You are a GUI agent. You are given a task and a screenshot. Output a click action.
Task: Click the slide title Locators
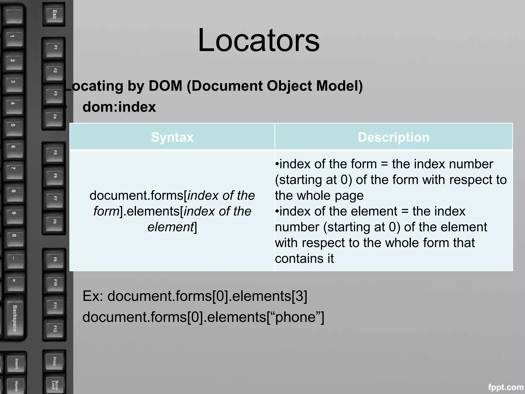[258, 41]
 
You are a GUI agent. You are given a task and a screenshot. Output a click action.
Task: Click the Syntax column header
[172, 137]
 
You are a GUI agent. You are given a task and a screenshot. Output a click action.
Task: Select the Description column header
[393, 137]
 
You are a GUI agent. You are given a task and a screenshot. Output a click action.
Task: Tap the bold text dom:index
[119, 107]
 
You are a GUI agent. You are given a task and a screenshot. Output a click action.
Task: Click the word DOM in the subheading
[165, 86]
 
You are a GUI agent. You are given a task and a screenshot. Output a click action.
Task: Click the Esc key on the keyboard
[54, 14]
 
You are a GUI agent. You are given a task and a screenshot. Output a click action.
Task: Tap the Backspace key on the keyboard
[15, 318]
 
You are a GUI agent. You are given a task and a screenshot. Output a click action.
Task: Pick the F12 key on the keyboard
[55, 329]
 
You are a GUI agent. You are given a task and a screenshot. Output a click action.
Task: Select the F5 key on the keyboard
[55, 152]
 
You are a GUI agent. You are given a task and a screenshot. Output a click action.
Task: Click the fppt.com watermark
[506, 387]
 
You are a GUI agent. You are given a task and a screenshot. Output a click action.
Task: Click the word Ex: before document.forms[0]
[93, 296]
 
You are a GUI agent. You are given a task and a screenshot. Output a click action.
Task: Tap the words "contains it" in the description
[304, 259]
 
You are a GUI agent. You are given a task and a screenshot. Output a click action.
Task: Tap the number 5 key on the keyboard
[13, 125]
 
